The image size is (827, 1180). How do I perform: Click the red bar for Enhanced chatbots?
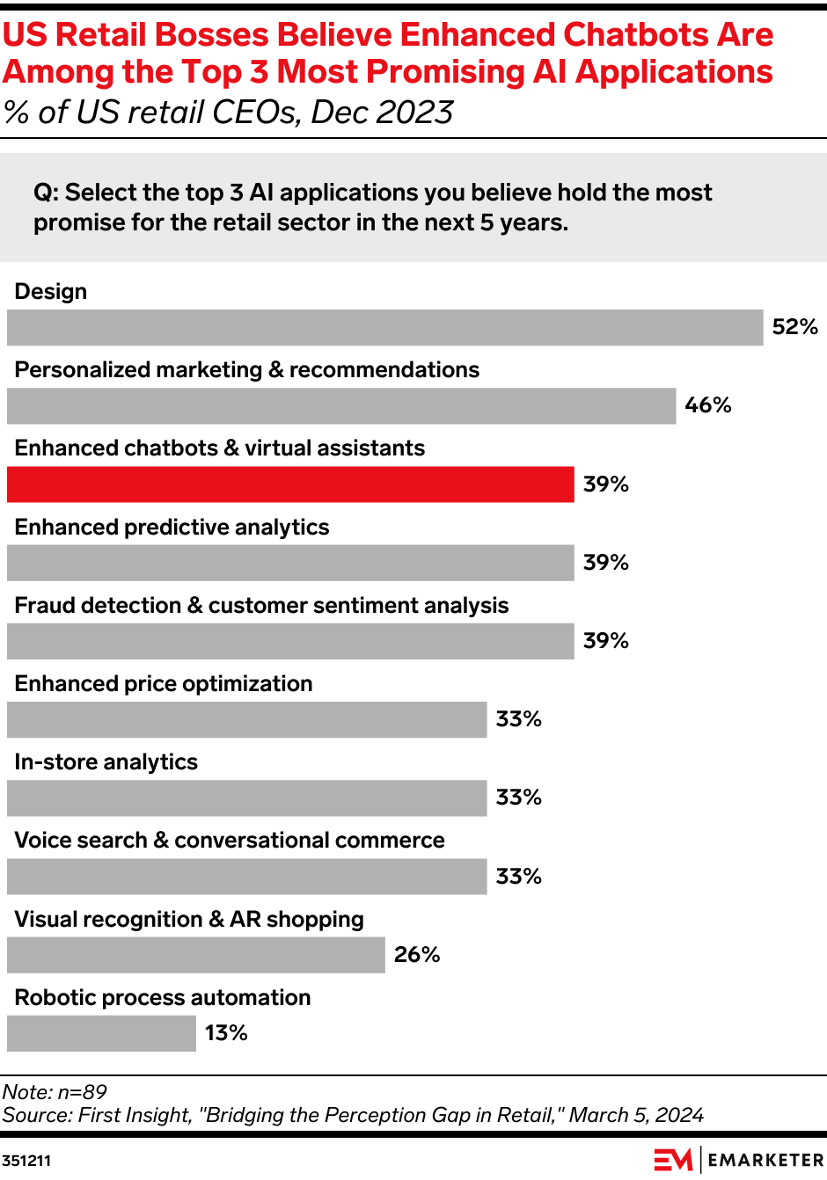pos(290,484)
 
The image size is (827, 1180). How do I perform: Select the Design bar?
pos(384,327)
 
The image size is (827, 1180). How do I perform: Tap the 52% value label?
pos(794,327)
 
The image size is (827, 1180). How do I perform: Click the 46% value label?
pos(708,405)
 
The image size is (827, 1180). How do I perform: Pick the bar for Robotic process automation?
pos(101,1033)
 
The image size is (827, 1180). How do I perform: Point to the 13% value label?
pos(226,1033)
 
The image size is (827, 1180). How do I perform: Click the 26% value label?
pos(417,955)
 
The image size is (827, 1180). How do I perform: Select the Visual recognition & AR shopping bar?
pos(195,955)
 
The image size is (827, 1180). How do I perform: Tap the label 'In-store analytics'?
pos(106,762)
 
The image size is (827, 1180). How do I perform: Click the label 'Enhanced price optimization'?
pos(164,684)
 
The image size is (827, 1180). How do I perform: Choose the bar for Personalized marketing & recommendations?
pos(341,406)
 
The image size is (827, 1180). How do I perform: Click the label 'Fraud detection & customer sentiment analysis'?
pos(261,606)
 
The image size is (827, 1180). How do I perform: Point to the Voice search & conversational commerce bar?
pos(246,877)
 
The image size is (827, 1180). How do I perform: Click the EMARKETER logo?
pos(739,1160)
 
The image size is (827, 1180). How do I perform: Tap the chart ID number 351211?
pos(26,1161)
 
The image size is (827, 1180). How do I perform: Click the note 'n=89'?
pos(82,1092)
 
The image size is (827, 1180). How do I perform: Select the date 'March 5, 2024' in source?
pos(636,1115)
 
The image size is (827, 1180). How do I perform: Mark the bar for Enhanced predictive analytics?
pos(290,563)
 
